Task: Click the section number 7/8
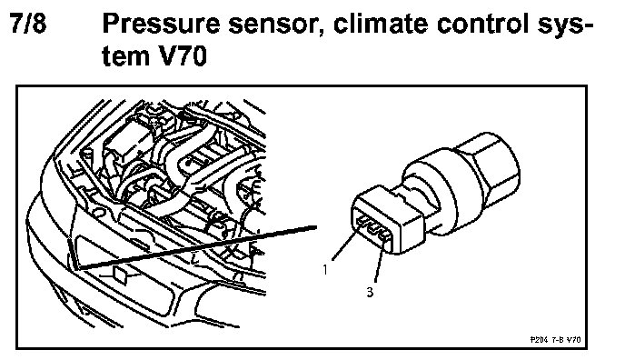click(x=28, y=23)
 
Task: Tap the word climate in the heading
click(x=381, y=23)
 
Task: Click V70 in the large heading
click(x=183, y=55)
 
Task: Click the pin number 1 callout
click(x=325, y=270)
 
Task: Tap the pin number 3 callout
click(x=370, y=292)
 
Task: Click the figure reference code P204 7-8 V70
click(x=556, y=340)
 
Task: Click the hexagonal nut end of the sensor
click(x=489, y=165)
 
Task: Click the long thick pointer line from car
click(x=197, y=247)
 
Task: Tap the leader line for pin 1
click(x=346, y=244)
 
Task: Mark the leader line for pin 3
click(x=380, y=260)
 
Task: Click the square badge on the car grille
click(x=120, y=275)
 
